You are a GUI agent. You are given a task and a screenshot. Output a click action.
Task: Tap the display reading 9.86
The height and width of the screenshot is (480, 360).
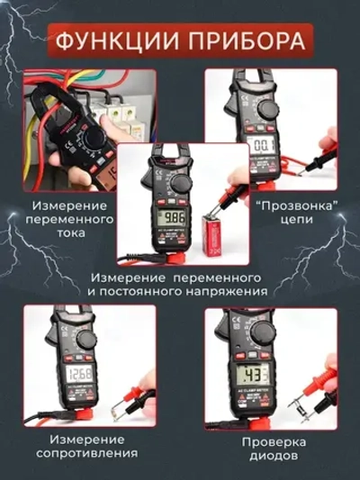[x=174, y=218]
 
